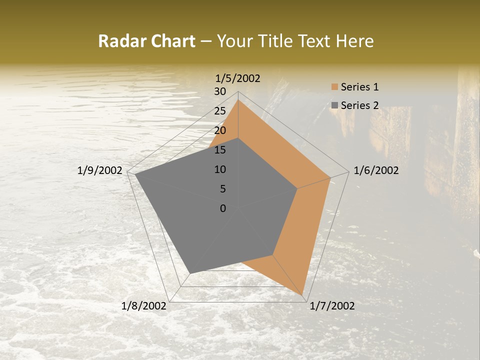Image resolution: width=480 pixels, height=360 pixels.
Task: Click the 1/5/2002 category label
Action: click(x=238, y=78)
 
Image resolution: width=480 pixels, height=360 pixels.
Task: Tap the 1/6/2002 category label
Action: click(x=376, y=170)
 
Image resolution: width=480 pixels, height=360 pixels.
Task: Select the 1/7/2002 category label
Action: click(x=332, y=306)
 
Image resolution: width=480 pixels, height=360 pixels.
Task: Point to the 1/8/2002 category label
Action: click(x=144, y=306)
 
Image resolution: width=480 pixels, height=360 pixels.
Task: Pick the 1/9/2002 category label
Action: click(x=100, y=170)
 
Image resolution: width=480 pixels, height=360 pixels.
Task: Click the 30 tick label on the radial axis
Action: click(x=220, y=91)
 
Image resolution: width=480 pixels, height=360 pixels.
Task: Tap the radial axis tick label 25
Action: click(x=220, y=111)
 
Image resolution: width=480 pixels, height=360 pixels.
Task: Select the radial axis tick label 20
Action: click(x=220, y=130)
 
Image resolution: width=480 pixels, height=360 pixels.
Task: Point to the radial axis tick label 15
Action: click(x=220, y=150)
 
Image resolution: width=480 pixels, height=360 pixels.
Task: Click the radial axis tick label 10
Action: click(x=220, y=169)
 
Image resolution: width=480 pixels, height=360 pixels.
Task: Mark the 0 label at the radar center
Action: click(x=223, y=208)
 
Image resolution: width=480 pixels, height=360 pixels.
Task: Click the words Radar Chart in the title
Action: click(x=146, y=41)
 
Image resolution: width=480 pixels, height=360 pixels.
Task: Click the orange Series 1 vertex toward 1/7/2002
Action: click(x=302, y=294)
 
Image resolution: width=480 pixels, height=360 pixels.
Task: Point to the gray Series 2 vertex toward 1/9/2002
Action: click(x=135, y=174)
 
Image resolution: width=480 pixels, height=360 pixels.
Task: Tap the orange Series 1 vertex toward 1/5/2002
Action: click(x=238, y=100)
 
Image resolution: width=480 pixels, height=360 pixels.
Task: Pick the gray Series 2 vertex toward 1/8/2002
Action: click(x=190, y=273)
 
